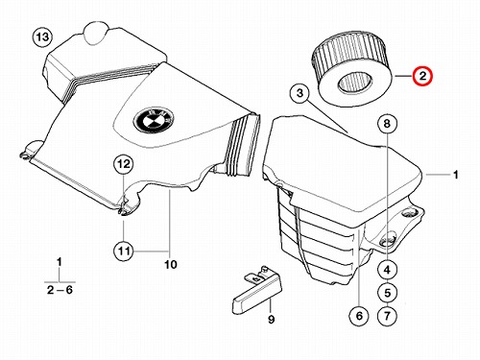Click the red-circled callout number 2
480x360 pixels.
[x=422, y=76]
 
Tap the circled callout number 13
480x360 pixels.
[x=43, y=37]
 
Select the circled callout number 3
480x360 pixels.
[x=300, y=93]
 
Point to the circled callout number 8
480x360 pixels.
[x=387, y=123]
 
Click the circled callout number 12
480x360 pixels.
[x=124, y=164]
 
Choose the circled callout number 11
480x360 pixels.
[x=124, y=251]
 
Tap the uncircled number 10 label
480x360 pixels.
[x=171, y=265]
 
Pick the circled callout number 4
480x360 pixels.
[x=387, y=270]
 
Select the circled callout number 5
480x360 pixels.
[x=387, y=293]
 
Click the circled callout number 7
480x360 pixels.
[x=387, y=316]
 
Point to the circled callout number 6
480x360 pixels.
[x=359, y=316]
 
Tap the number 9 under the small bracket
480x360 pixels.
[x=271, y=319]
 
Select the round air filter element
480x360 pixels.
[x=351, y=69]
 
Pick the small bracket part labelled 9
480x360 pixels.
[x=257, y=288]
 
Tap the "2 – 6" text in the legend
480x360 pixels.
[x=60, y=290]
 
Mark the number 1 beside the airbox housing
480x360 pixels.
[x=456, y=175]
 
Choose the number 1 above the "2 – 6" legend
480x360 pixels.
[x=60, y=262]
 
